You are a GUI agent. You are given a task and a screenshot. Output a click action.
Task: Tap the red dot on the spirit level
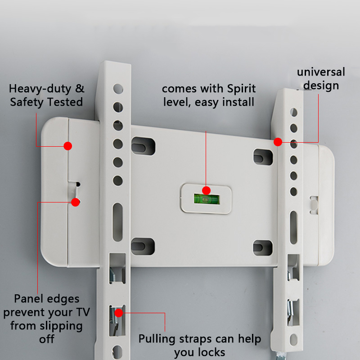point(206,190)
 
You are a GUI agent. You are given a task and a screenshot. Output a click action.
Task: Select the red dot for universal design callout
point(278,142)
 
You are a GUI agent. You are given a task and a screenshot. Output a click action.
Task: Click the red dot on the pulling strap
point(119,312)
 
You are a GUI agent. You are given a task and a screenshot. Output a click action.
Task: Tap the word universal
point(320,72)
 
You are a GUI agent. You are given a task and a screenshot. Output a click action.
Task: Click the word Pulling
point(158,339)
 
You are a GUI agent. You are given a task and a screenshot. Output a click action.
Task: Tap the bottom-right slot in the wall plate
point(263,247)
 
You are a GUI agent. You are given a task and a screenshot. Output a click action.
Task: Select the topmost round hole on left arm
point(118,89)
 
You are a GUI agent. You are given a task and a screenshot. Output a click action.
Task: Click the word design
point(321,85)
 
